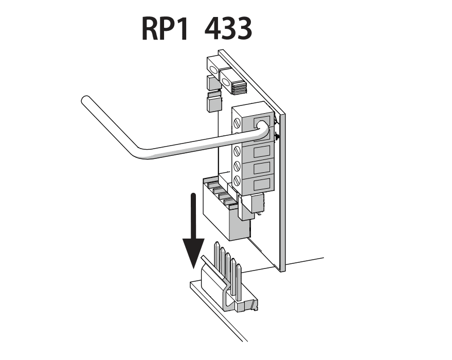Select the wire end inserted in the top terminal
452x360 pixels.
pos(261,126)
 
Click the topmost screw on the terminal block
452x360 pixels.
pos(238,123)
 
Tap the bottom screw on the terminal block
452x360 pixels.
pos(238,181)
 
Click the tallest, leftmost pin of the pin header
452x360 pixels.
pos(216,257)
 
